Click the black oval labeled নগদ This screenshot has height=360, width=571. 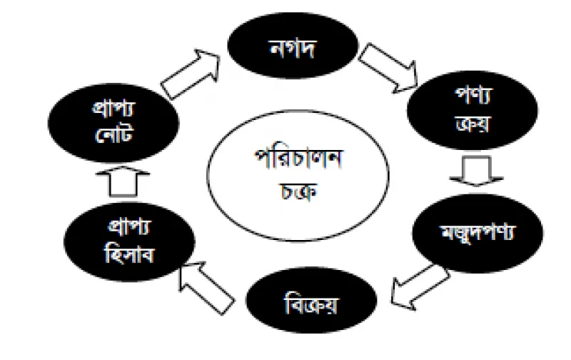[293, 46]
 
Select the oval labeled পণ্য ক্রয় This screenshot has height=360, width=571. [473, 110]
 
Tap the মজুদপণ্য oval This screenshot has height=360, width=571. [477, 233]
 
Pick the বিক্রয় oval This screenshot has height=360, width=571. [311, 300]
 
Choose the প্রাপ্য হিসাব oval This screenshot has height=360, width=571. [129, 241]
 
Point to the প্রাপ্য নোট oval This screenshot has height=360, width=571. [113, 123]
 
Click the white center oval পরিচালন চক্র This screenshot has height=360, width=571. [298, 175]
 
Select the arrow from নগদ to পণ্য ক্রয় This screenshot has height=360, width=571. [388, 68]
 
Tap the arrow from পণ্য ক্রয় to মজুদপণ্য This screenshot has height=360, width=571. [476, 171]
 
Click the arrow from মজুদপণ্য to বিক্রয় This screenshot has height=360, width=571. [420, 287]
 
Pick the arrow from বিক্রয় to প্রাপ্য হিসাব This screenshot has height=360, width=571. [206, 287]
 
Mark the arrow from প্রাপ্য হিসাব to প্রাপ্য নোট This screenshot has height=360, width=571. [123, 181]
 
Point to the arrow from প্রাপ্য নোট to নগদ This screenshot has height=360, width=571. [191, 74]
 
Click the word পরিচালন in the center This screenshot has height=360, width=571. [298, 159]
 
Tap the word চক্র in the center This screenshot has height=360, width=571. [298, 191]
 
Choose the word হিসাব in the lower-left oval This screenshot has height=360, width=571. [130, 254]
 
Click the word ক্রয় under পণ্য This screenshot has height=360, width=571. [473, 124]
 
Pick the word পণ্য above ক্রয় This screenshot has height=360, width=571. [473, 96]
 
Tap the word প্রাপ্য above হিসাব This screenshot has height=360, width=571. [129, 227]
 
